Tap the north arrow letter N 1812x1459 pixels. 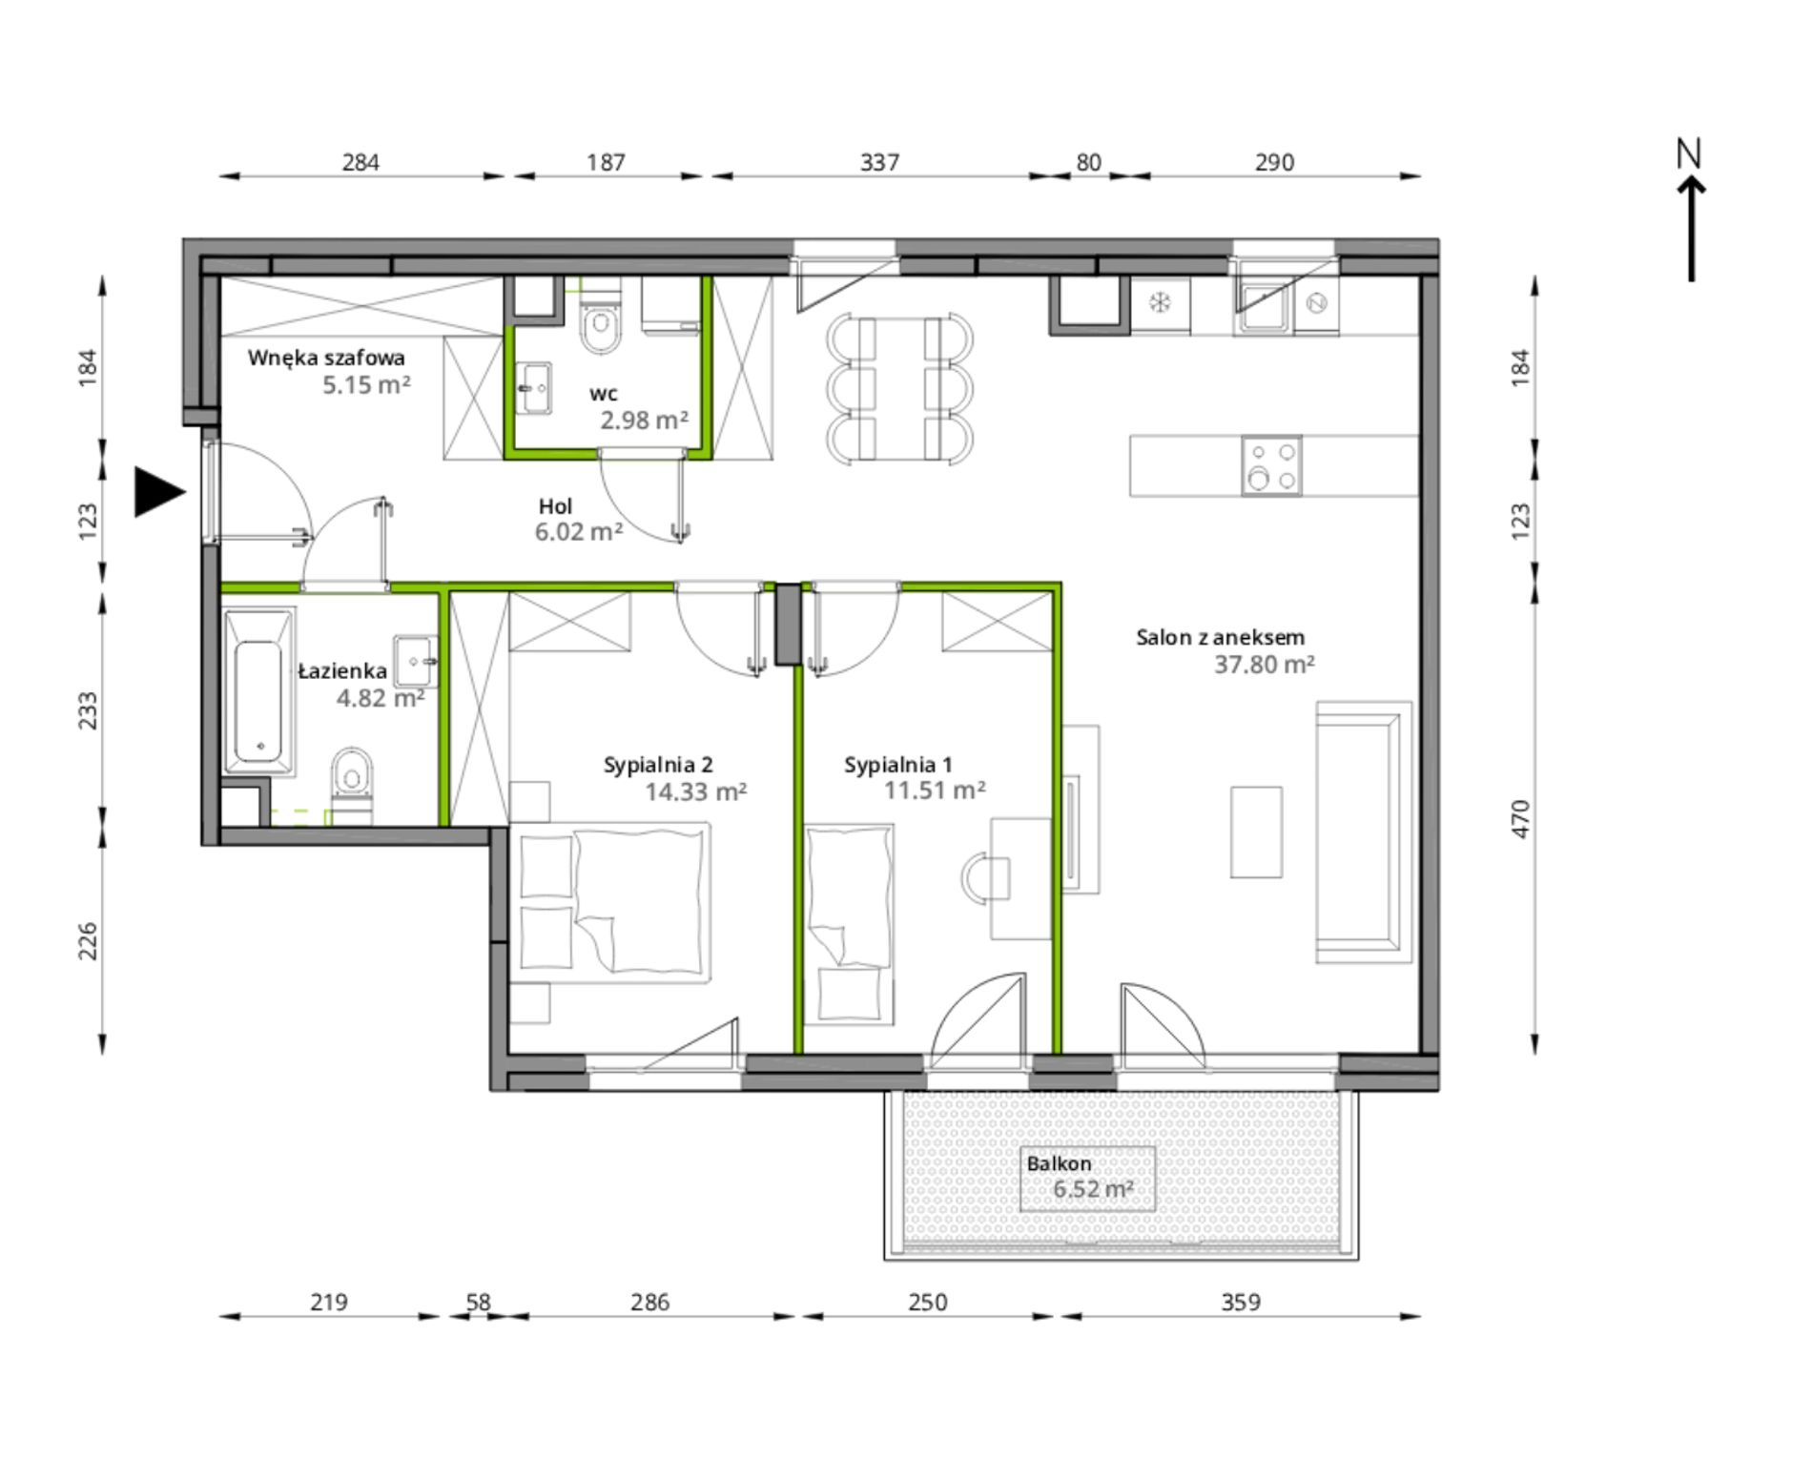pyautogui.click(x=1689, y=154)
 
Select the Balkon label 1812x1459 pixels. pyautogui.click(x=1059, y=1163)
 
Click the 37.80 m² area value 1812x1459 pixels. pyautogui.click(x=1264, y=665)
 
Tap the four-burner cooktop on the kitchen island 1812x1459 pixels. pyautogui.click(x=1271, y=465)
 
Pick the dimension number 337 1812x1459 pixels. pyautogui.click(x=879, y=163)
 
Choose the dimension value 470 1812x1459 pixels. pyautogui.click(x=1520, y=819)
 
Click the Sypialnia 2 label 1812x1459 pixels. pyautogui.click(x=658, y=765)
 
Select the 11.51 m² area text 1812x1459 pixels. pyautogui.click(x=935, y=791)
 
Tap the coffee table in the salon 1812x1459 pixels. pyautogui.click(x=1256, y=832)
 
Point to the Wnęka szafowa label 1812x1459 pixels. pyautogui.click(x=326, y=359)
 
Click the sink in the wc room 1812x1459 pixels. pyautogui.click(x=534, y=388)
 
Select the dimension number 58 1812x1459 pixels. pyautogui.click(x=478, y=1303)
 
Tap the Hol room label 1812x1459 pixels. pyautogui.click(x=555, y=506)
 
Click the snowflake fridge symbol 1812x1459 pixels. pyautogui.click(x=1160, y=303)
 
